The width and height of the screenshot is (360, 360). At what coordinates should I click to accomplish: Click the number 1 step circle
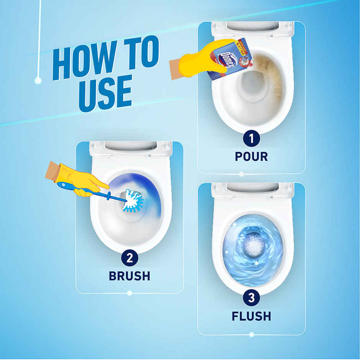click(x=251, y=138)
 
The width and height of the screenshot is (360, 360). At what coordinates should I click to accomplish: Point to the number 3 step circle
click(x=251, y=298)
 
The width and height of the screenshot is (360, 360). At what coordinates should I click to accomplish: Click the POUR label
click(x=251, y=156)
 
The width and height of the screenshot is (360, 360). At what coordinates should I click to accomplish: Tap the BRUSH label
click(x=129, y=276)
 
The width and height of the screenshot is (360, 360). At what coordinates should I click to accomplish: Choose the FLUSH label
click(x=251, y=316)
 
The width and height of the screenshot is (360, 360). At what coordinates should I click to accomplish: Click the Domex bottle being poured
click(x=229, y=57)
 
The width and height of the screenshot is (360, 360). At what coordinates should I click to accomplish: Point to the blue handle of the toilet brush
click(x=92, y=191)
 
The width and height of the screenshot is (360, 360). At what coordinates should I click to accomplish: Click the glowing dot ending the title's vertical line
click(x=38, y=80)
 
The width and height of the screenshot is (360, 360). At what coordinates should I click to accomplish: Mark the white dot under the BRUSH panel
click(x=129, y=293)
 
